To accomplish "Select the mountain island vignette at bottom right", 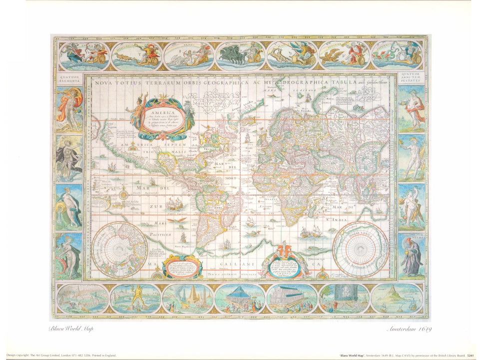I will (x=397, y=298).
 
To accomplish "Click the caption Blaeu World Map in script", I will (x=70, y=328).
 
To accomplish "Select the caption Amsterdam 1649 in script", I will (x=409, y=328).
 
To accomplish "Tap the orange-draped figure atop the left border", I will (x=69, y=106).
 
